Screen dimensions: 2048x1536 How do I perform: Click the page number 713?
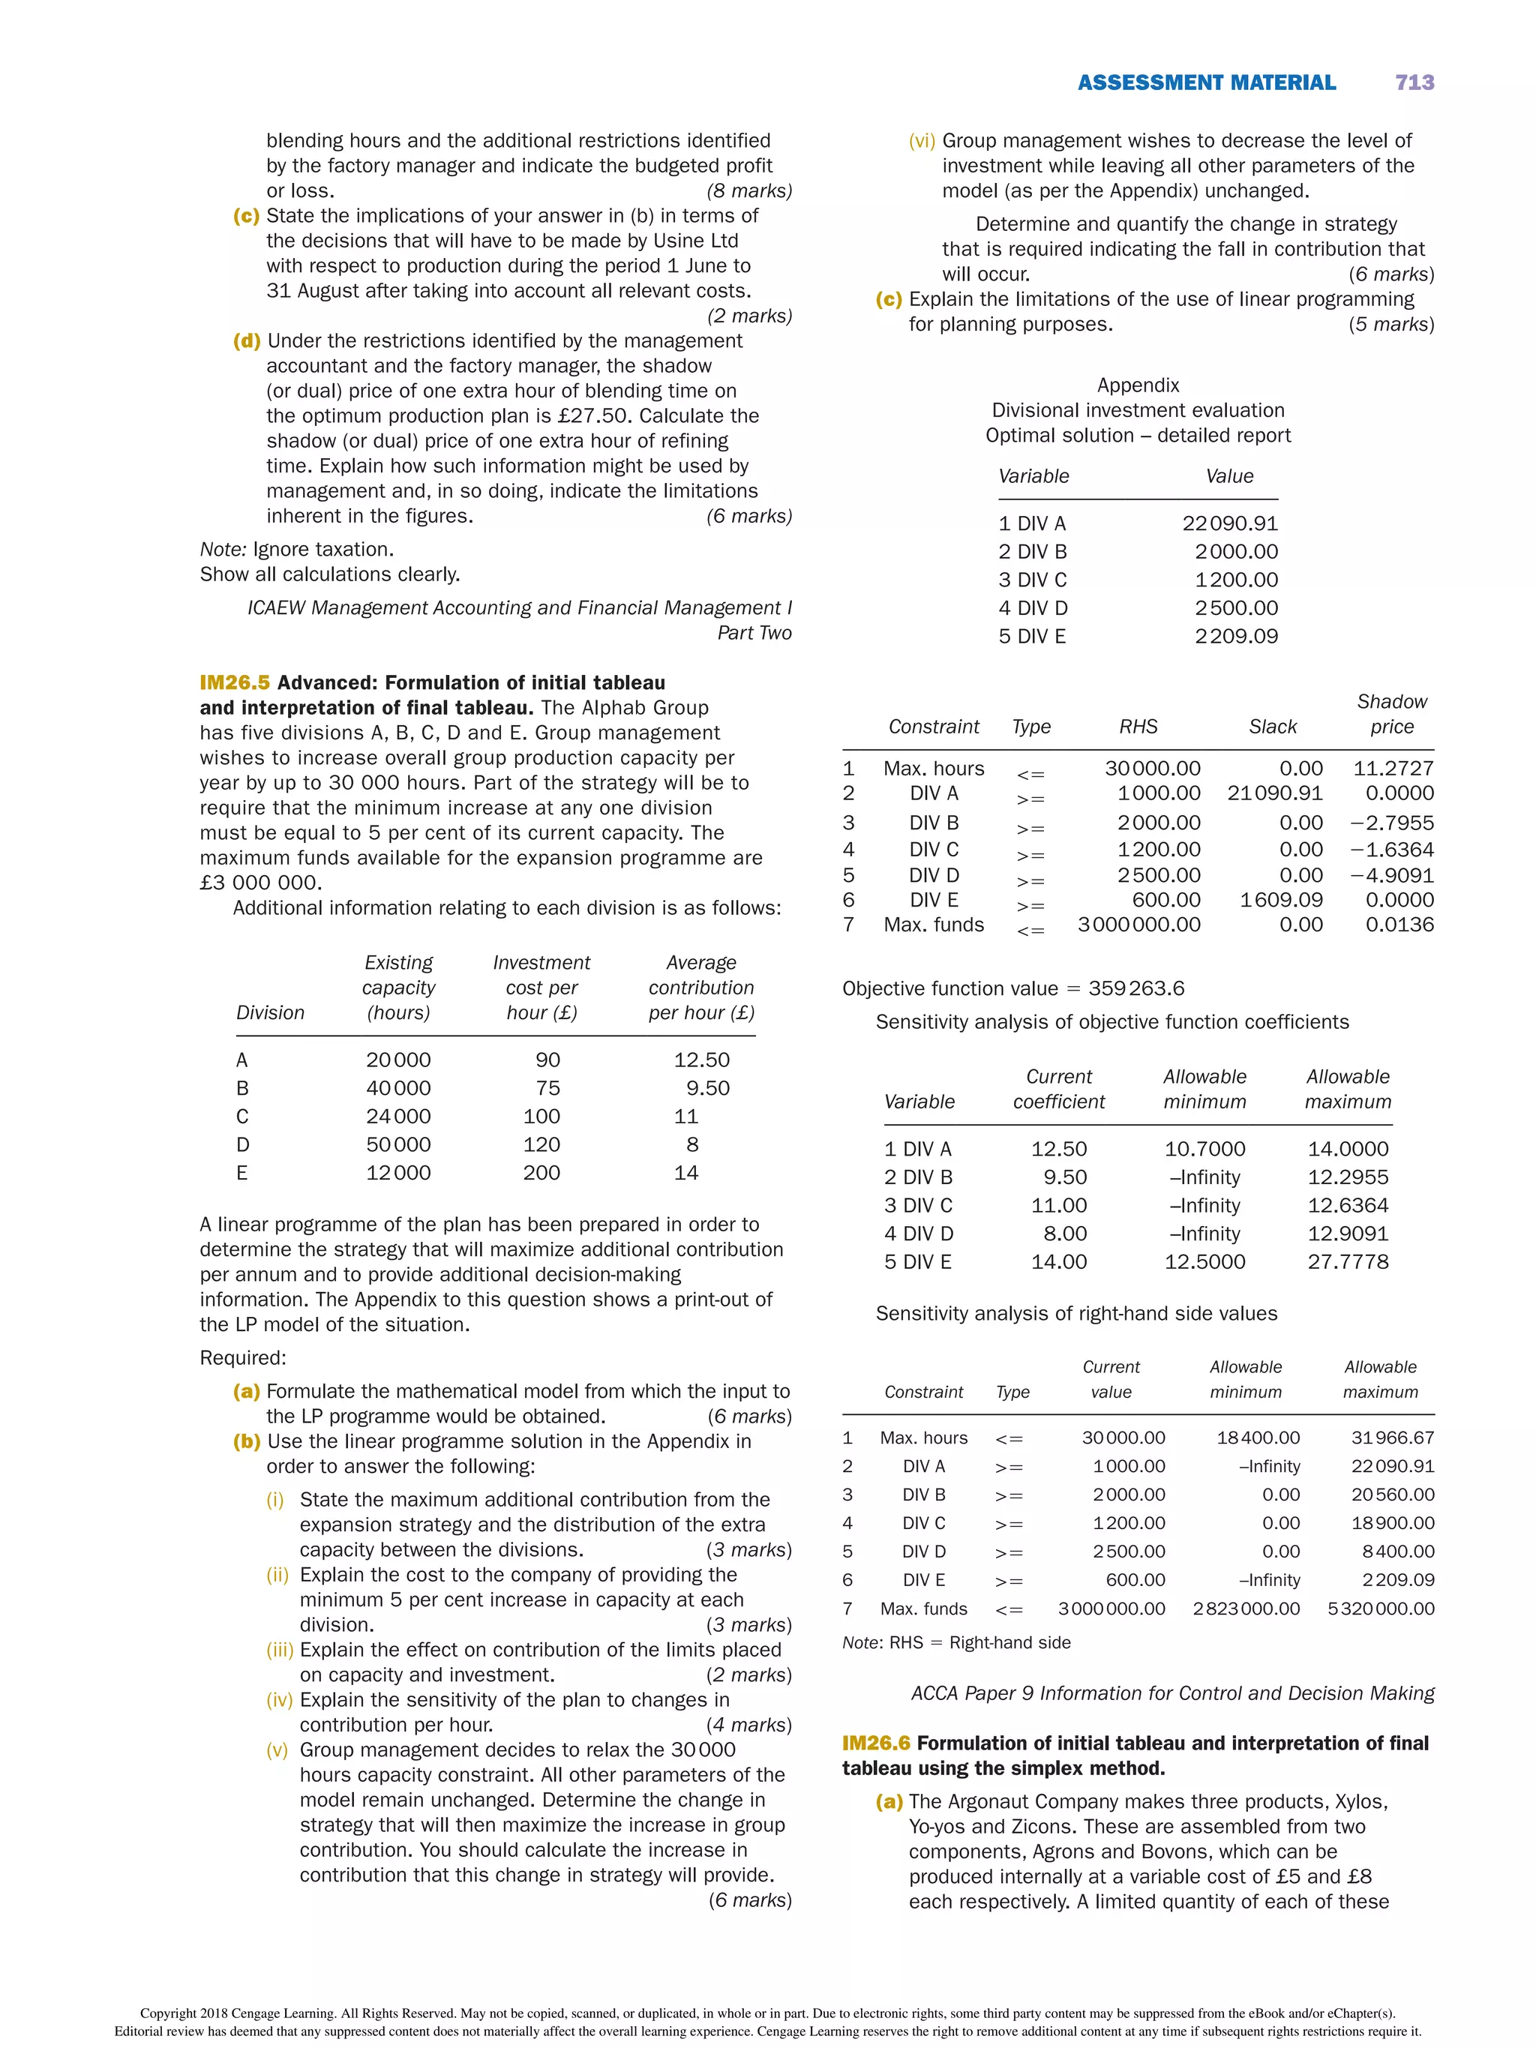1414,82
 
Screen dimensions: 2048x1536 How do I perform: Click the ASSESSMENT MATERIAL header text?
1205,82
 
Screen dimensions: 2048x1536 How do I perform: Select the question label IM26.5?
234,682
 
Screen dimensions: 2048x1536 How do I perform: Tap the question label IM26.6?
876,1743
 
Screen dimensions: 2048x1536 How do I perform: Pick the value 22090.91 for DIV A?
1228,523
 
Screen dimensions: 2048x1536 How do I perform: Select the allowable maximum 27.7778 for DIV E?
1347,1261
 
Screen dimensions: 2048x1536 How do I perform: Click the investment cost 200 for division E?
541,1172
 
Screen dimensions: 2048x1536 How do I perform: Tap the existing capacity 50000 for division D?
397,1144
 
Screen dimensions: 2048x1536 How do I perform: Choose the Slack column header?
1272,727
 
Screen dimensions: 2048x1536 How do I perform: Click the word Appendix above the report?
1138,385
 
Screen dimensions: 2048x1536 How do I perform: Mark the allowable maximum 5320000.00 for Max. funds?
1381,1609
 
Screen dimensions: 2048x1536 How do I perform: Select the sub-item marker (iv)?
280,1700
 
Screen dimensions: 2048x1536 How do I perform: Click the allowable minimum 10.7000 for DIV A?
1204,1149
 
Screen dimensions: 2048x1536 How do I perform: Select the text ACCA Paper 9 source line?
1172,1693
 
